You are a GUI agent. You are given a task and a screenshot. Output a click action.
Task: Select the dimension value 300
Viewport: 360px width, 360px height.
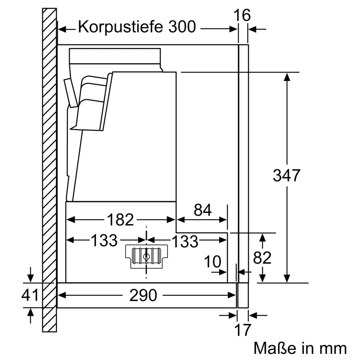181,27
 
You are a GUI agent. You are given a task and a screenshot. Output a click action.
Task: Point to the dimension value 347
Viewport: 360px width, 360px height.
286,176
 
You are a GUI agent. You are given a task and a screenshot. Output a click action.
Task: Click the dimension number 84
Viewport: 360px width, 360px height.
202,210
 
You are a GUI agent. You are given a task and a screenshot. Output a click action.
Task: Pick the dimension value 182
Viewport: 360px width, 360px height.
120,220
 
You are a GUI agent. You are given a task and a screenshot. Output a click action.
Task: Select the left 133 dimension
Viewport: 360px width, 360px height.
104,240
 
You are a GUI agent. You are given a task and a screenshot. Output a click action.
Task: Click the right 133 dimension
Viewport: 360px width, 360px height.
184,242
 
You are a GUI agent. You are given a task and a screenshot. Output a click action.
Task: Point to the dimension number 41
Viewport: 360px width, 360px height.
30,296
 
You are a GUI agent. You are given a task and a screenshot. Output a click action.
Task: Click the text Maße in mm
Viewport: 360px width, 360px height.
300,348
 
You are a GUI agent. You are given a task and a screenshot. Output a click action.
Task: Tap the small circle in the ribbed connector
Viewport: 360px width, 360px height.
146,257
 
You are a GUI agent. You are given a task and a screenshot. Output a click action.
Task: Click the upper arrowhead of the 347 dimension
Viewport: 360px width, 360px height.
287,76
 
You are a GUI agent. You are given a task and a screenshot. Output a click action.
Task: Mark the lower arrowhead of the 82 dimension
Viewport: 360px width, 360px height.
263,279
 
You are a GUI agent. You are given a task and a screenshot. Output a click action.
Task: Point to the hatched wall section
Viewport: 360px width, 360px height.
50,169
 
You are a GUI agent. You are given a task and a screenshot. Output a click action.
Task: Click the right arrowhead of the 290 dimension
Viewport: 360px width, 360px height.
233,295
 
